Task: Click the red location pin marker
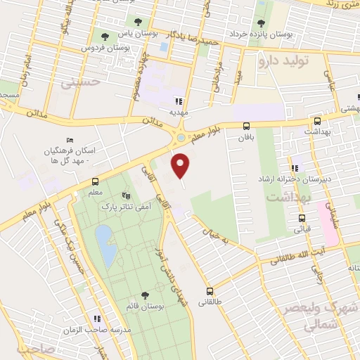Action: pos(181,165)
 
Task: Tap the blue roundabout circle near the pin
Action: pos(181,138)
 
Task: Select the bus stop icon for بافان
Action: pos(245,126)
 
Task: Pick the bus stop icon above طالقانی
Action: pos(209,291)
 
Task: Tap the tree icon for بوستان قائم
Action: pos(145,296)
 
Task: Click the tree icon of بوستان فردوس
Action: pos(105,35)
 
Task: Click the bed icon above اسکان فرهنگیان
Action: pos(68,140)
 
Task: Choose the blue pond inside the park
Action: pos(105,243)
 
